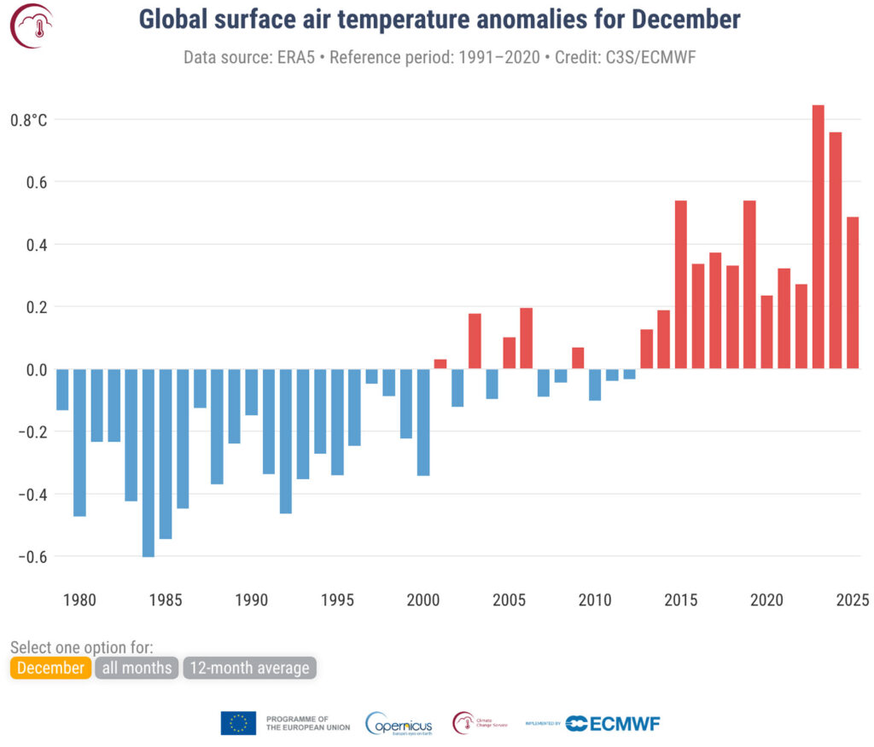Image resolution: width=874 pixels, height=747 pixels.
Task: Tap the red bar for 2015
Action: [680, 285]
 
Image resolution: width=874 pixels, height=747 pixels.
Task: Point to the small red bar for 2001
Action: [440, 364]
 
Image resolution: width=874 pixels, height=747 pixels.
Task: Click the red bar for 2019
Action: [749, 285]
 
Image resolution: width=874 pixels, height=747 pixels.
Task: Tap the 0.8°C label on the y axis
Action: [28, 119]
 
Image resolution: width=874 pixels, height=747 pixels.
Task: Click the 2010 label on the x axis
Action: [595, 599]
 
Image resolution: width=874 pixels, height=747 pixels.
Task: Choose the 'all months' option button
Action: [137, 668]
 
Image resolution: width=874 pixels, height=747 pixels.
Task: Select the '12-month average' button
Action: [249, 668]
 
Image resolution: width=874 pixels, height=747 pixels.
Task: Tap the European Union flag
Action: [238, 723]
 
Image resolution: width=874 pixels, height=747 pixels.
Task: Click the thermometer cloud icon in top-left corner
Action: [31, 26]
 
